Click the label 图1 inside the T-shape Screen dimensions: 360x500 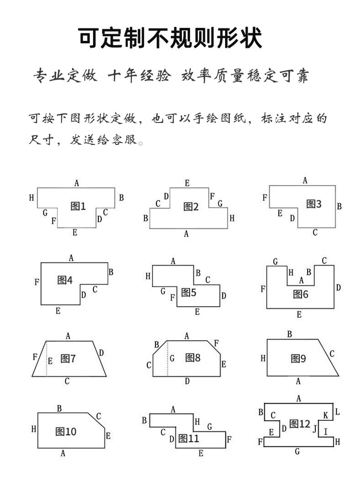(78, 206)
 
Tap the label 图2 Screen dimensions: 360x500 (191, 207)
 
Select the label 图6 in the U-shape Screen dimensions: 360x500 (300, 294)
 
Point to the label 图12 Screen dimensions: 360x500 (299, 424)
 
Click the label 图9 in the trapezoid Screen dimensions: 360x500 (298, 359)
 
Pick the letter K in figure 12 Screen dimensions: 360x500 (325, 415)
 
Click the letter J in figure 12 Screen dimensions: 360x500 (314, 428)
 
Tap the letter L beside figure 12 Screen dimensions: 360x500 (337, 412)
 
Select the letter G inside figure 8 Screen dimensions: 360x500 (172, 358)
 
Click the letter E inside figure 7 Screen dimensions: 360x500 (50, 361)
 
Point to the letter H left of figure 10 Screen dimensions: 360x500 (33, 429)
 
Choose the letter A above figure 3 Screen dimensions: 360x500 (305, 180)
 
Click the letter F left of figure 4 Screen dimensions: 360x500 (36, 282)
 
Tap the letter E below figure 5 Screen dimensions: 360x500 (197, 312)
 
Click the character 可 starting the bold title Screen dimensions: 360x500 (89, 38)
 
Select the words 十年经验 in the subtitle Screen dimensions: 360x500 (139, 77)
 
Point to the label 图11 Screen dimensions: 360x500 (188, 439)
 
